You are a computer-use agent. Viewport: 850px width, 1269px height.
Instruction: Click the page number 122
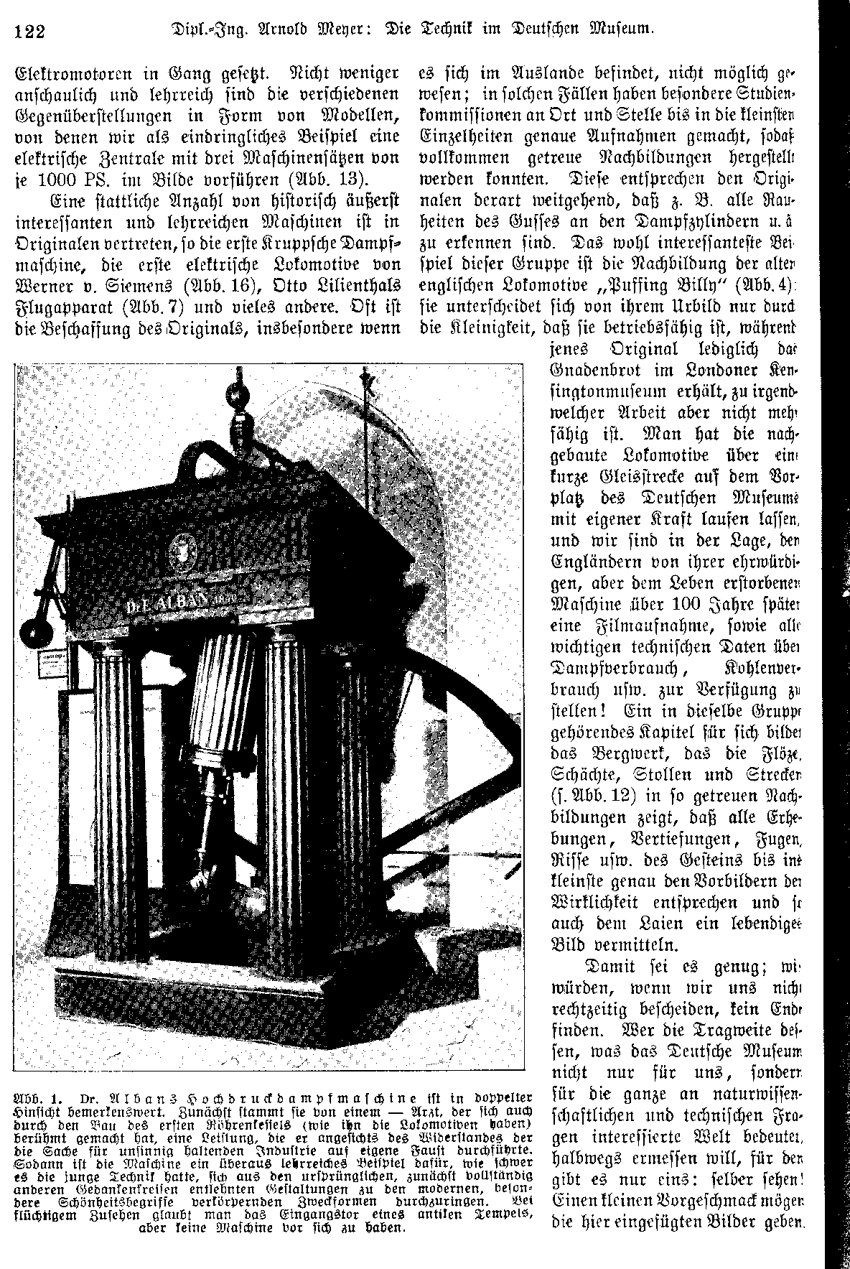(x=29, y=32)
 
